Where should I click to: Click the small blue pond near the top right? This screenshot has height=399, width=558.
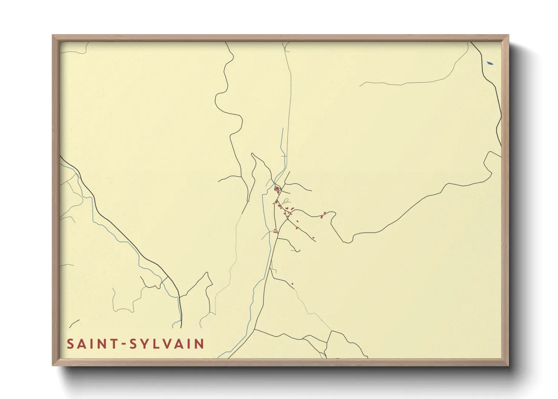tap(490, 63)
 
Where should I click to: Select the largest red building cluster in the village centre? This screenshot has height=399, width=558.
tap(277, 189)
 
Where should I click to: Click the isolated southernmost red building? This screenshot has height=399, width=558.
tap(292, 284)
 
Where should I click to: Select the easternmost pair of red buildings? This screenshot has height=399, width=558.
tap(323, 215)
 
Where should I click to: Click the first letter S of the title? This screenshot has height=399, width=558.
tap(71, 344)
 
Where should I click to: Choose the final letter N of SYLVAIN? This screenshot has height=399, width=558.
tap(199, 344)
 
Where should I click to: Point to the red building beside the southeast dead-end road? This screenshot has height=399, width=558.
tap(313, 237)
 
